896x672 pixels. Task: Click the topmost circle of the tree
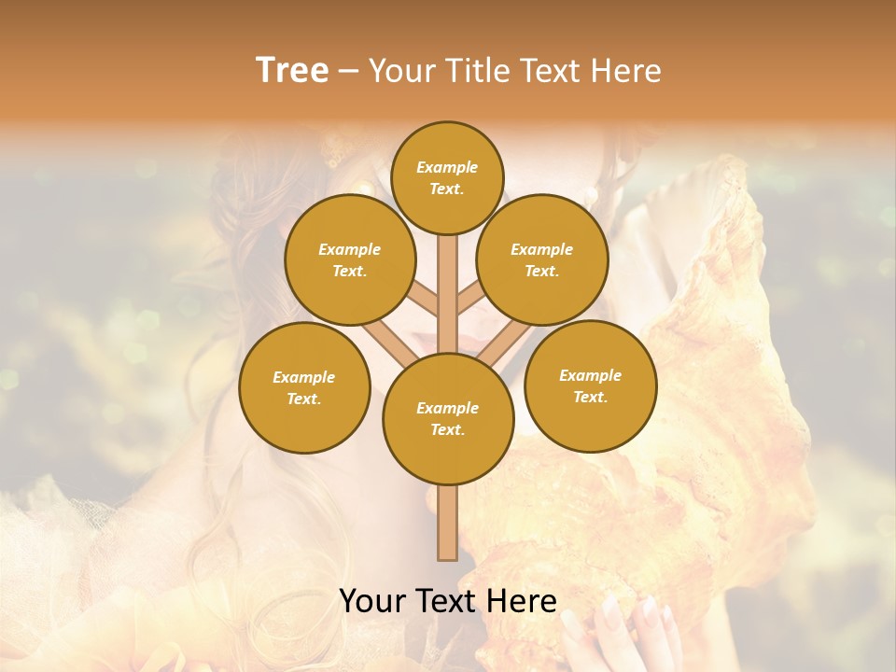(447, 177)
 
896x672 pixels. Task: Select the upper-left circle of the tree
(349, 259)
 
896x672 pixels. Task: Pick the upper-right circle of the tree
(542, 259)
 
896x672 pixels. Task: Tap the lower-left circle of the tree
(304, 387)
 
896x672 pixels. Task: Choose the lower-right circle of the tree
(590, 385)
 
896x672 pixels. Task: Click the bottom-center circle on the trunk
(448, 419)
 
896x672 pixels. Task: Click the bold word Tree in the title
(292, 71)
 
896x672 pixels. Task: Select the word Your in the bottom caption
(372, 601)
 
